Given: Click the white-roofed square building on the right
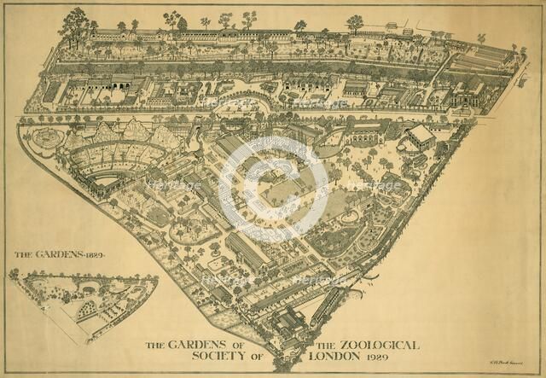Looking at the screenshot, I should [420, 137].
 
